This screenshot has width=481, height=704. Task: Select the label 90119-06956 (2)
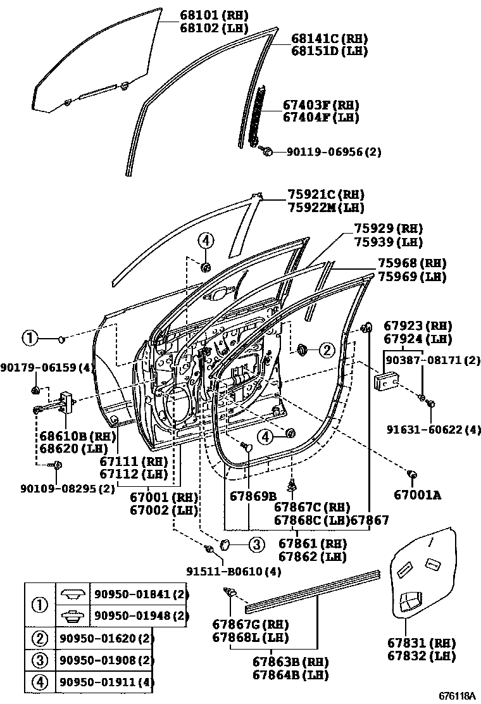[334, 152]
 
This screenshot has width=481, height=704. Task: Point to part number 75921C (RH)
[326, 194]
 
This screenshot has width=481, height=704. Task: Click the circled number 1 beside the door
[29, 339]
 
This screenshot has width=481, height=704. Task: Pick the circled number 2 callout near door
[326, 349]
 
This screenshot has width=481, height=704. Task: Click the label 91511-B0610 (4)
[234, 571]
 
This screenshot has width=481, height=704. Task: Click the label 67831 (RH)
[421, 643]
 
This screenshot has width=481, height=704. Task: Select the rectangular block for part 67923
[385, 382]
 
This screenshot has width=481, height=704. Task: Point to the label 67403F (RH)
[321, 104]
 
